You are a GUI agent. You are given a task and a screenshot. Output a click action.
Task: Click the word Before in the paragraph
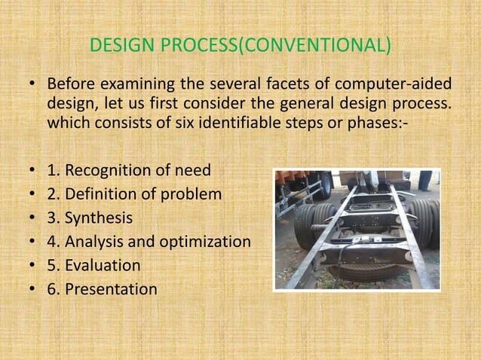pyautogui.click(x=72, y=83)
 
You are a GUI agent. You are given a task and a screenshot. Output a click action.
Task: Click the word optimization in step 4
pyautogui.click(x=205, y=242)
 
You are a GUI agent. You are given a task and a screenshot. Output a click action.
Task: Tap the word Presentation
pyautogui.click(x=111, y=289)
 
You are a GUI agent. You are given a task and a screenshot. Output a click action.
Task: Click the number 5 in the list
pyautogui.click(x=51, y=265)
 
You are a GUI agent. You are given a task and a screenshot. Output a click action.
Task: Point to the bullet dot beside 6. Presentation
pyautogui.click(x=32, y=289)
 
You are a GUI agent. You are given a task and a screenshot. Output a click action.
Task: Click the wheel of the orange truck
pyautogui.click(x=323, y=185)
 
